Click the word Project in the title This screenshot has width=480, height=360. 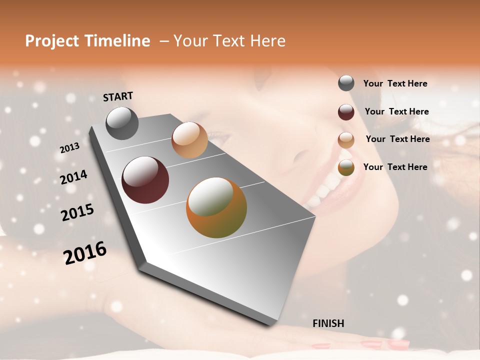click(52, 41)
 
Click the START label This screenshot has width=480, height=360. click(118, 96)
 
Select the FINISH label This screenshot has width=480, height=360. click(328, 323)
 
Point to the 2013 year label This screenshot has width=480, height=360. click(69, 148)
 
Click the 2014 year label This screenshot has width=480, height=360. click(73, 177)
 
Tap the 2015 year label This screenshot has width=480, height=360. click(77, 212)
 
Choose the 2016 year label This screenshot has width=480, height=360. click(85, 252)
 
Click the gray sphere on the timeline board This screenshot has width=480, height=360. click(122, 123)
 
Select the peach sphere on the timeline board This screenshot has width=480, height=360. click(189, 140)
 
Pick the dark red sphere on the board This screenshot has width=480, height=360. click(145, 180)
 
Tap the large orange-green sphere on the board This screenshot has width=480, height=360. click(216, 207)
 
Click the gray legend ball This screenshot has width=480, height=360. click(346, 83)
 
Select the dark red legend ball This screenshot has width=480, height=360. click(346, 112)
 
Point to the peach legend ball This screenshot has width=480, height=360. click(346, 140)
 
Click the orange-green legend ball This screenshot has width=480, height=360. click(346, 167)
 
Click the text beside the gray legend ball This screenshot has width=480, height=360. click(395, 83)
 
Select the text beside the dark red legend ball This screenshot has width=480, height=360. click(396, 111)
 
